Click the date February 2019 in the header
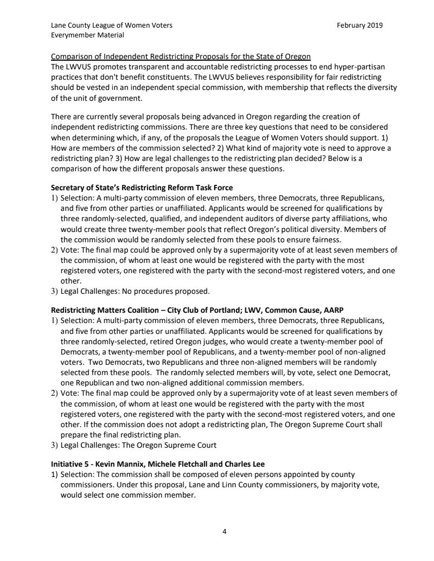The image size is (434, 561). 360,25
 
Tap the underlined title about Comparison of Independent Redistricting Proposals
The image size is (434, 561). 181,57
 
